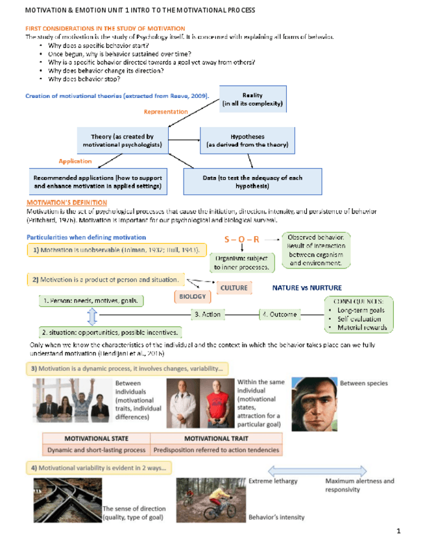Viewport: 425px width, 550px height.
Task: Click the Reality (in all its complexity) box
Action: tap(252, 99)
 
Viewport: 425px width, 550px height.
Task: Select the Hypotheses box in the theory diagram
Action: tap(247, 141)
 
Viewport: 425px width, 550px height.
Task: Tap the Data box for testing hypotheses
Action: tap(252, 182)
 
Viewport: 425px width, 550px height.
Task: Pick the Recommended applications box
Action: tap(97, 182)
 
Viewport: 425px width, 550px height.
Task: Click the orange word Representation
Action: tap(165, 112)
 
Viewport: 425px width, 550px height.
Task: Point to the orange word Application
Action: tap(75, 161)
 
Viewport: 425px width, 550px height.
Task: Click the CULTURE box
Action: tap(234, 287)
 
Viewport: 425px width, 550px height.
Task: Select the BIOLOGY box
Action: tap(193, 296)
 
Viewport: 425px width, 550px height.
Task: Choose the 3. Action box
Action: tap(208, 315)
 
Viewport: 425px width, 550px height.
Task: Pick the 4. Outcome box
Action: tap(279, 315)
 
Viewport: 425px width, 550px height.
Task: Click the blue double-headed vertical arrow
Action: tap(92, 317)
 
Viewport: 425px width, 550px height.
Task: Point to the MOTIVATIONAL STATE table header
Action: tap(95, 438)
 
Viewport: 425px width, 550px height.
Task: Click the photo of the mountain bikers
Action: tap(211, 500)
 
